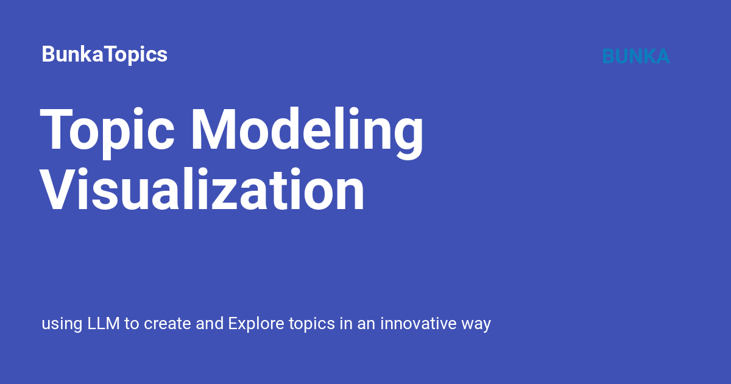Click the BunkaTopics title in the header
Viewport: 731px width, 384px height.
pyautogui.click(x=104, y=55)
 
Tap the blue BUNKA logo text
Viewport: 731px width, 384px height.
pyautogui.click(x=635, y=57)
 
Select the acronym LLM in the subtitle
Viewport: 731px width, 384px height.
pyautogui.click(x=104, y=323)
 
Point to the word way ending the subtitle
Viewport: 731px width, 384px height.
pyautogui.click(x=476, y=324)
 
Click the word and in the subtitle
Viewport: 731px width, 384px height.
pyautogui.click(x=210, y=323)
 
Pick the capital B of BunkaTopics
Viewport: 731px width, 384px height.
pyautogui.click(x=48, y=55)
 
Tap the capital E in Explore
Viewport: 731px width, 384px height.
pyautogui.click(x=233, y=323)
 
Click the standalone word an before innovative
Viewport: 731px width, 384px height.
pyautogui.click(x=365, y=324)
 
